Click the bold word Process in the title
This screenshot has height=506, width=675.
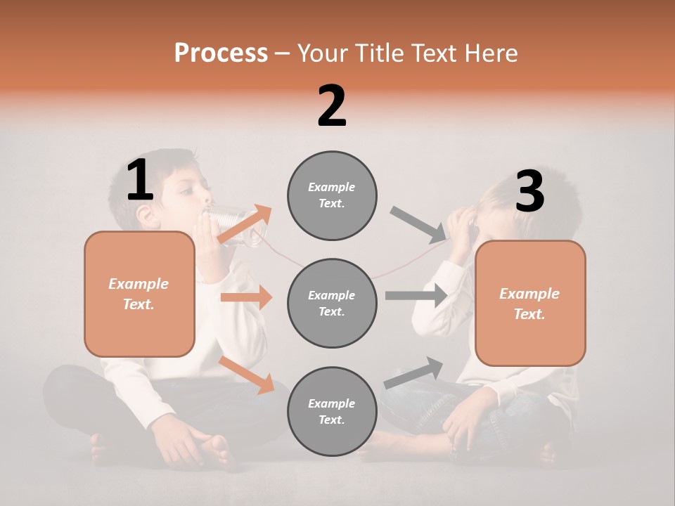coord(221,53)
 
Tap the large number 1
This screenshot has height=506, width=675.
coord(140,181)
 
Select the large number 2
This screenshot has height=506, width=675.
coord(332,105)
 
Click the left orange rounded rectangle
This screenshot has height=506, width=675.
coord(139,294)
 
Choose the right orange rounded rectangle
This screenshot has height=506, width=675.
coord(530,303)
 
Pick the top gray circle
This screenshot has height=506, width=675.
coord(332,195)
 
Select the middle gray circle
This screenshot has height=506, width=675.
coord(332,303)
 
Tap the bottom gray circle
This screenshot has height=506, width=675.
coord(332,411)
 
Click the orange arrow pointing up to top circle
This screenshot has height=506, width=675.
coord(245,223)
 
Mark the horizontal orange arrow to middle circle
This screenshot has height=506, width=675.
coord(246,297)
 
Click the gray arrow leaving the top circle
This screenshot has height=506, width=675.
coord(418,223)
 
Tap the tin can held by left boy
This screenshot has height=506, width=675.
coord(236,225)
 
